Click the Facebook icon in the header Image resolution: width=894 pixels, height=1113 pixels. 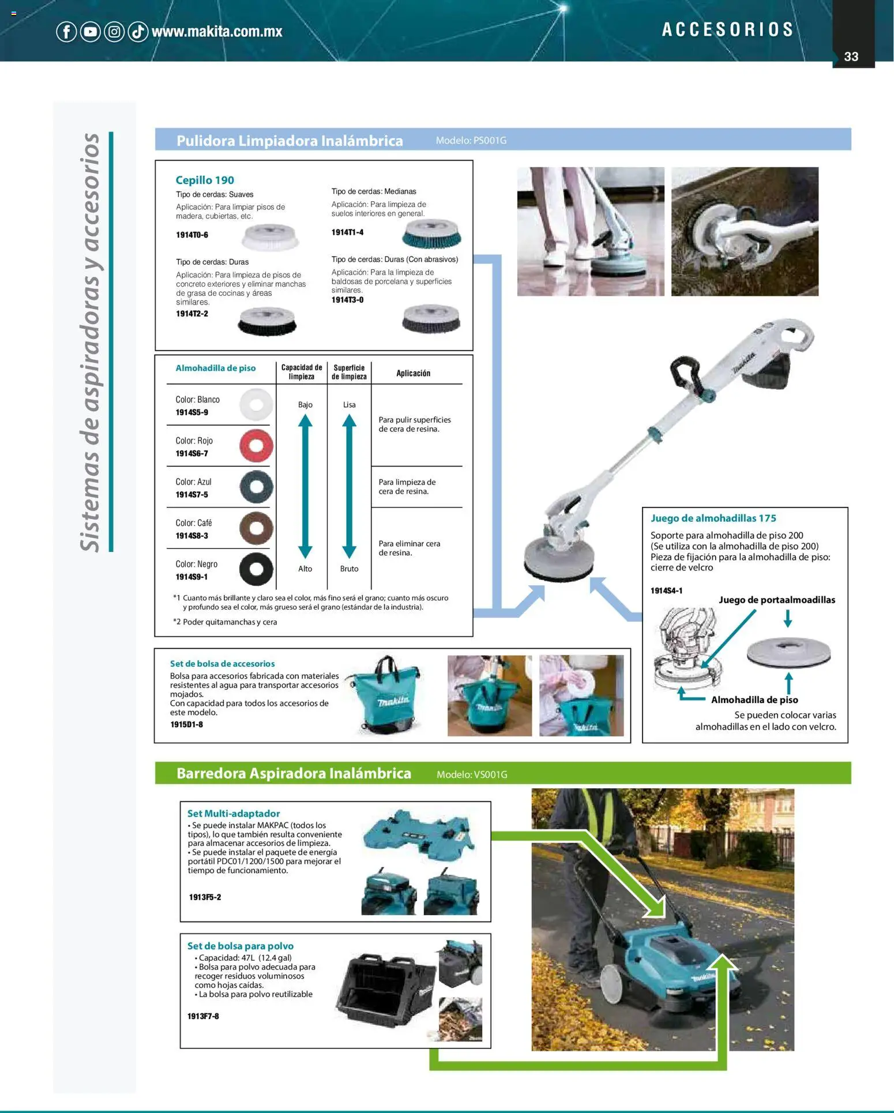coord(66,31)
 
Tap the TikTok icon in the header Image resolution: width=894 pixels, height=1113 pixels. coord(138,31)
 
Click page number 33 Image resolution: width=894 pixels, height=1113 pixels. coord(851,57)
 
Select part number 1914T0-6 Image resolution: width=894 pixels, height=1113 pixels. coord(191,235)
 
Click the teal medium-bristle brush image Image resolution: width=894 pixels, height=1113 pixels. coord(431,234)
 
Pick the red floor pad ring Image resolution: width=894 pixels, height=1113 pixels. coord(256,445)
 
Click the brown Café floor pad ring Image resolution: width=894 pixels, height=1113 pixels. coord(256,528)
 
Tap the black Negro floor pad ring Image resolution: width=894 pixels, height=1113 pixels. coord(256,569)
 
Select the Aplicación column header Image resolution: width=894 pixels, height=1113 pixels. coord(413,373)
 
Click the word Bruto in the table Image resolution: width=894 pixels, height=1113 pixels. coord(349,569)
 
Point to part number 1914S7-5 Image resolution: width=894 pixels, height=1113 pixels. coord(191,495)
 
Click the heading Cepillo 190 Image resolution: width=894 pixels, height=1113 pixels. coord(205,180)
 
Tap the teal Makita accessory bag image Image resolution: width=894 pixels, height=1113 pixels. coord(386,696)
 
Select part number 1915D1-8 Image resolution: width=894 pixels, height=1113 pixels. coord(186,724)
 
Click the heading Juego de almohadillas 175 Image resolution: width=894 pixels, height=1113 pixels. coord(713,518)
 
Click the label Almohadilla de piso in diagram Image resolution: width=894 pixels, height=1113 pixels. coord(754,700)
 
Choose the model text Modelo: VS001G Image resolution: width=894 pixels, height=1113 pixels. coord(471,774)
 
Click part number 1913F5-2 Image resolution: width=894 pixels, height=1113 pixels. coord(205,897)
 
